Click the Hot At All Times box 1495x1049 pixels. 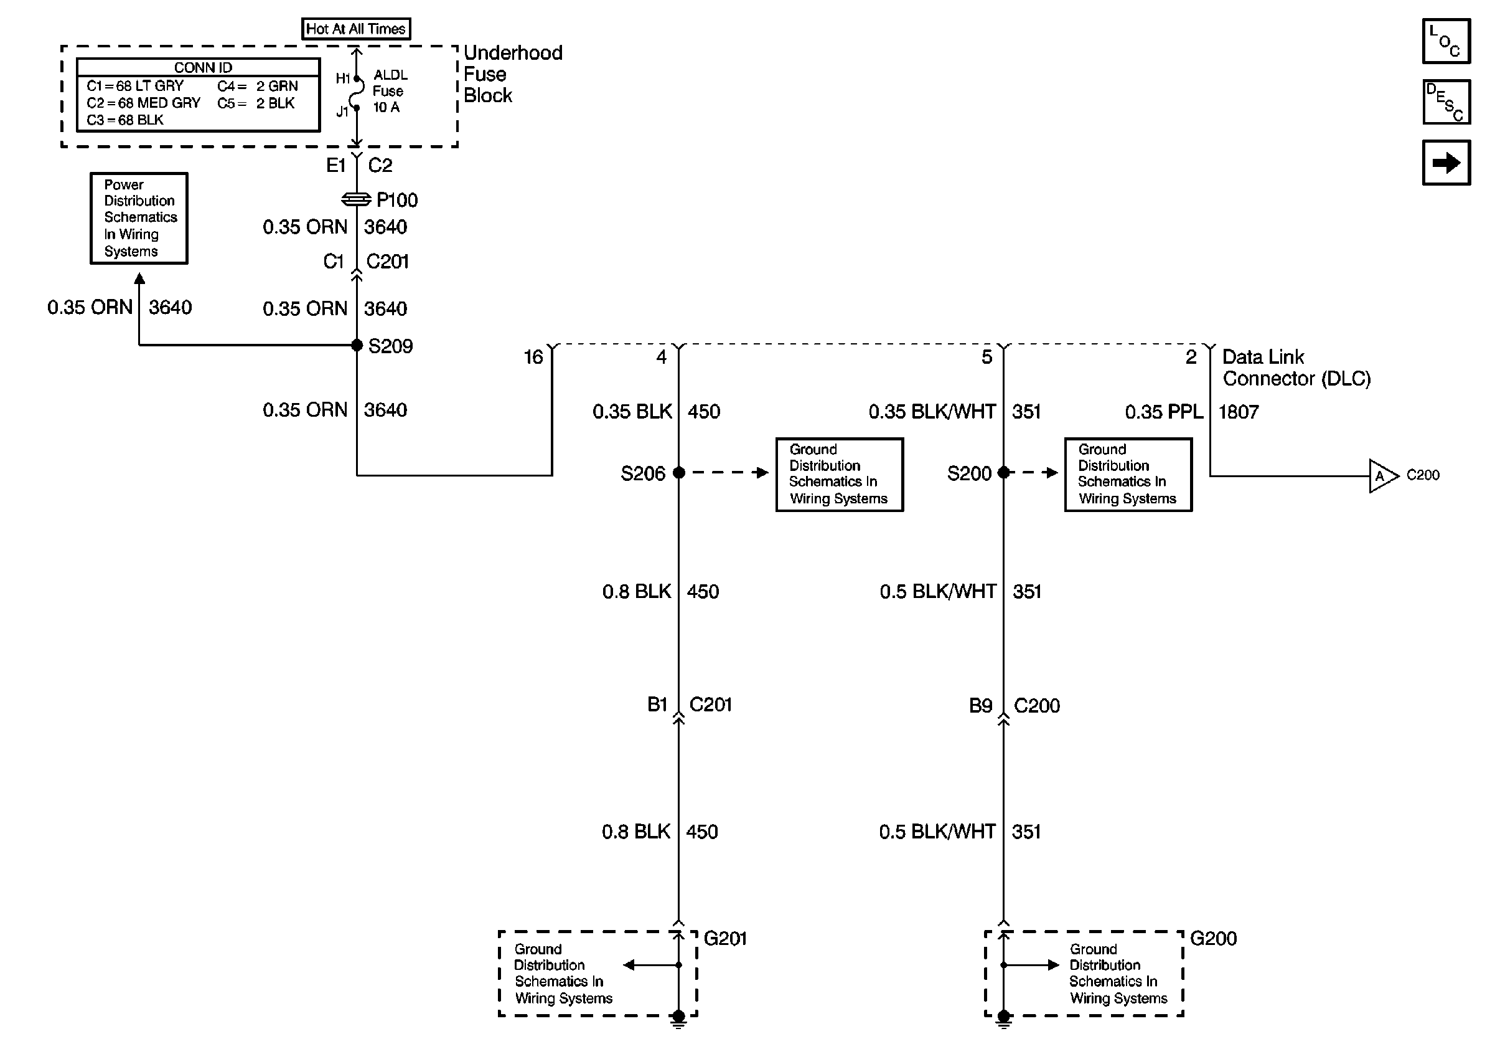coord(355,29)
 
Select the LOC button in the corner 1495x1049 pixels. coord(1445,42)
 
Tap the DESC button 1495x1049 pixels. coord(1445,102)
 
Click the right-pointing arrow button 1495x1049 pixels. coord(1445,162)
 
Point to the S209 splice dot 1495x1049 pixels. coord(357,345)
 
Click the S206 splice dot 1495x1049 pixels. coord(678,473)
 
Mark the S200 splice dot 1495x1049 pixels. coord(1003,473)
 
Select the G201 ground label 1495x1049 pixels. coord(724,938)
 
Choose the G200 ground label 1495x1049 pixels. coord(1213,938)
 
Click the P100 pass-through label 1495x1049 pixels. coord(396,200)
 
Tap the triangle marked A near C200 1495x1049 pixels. coord(1382,477)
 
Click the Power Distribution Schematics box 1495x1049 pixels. coord(139,218)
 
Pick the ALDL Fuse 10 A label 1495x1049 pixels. coord(390,91)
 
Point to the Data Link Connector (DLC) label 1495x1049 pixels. coord(1296,368)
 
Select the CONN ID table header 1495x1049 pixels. coord(202,68)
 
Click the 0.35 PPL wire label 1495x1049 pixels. coord(1164,412)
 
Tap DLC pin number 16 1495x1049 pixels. coord(533,357)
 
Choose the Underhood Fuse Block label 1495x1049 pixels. coord(512,74)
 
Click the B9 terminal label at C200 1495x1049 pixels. coord(981,706)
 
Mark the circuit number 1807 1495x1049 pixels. coord(1239,412)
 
